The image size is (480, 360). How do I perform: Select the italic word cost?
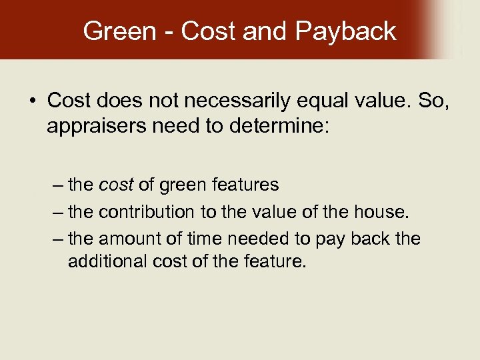(117, 185)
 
